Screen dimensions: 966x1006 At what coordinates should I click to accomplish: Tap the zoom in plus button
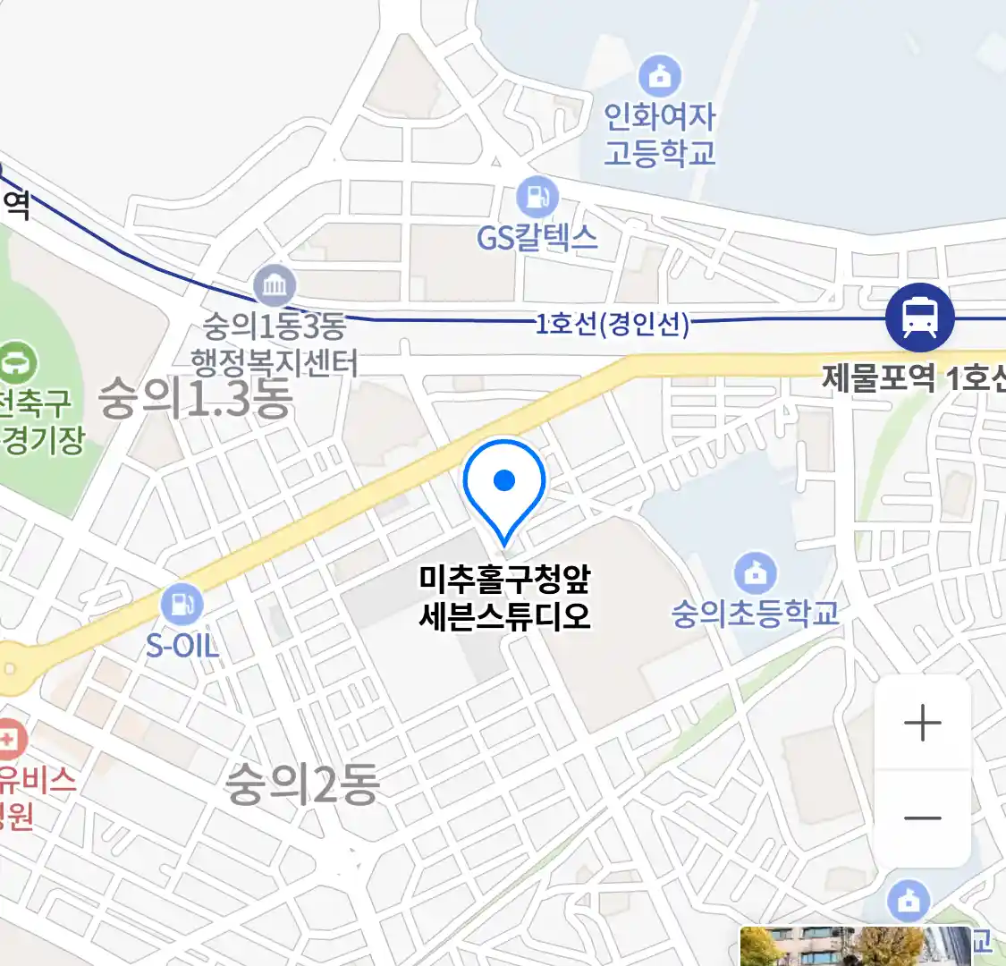922,723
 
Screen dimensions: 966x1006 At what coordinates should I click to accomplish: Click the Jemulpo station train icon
919,318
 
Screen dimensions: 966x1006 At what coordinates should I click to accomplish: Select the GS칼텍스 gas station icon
537,198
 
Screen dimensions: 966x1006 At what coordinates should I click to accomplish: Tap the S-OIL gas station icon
182,606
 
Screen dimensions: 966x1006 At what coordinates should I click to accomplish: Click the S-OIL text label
182,645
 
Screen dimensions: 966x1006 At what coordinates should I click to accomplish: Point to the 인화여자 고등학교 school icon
660,76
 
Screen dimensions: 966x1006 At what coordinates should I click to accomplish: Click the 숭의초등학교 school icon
756,573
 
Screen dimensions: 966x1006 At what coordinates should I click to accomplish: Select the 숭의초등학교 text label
756,614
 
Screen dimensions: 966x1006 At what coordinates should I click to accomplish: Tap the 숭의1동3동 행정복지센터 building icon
275,286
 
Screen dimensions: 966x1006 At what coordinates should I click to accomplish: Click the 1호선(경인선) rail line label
613,323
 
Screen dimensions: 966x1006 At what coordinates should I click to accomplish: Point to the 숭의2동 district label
302,784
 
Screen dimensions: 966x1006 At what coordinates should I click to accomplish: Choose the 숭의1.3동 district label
196,398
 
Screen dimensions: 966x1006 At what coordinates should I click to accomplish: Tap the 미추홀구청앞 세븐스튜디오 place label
505,597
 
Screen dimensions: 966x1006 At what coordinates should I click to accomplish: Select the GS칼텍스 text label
537,237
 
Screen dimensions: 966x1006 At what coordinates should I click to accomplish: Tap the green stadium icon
16,363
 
